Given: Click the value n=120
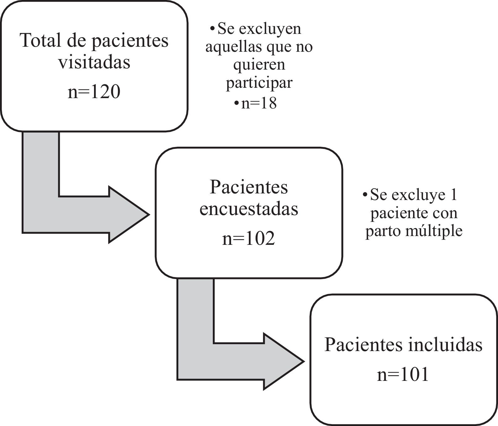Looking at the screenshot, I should [94, 92].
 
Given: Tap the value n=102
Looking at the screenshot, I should [249, 239].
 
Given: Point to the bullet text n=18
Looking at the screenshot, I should [259, 103].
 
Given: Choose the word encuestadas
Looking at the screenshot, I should [249, 209].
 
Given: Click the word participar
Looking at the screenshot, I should [259, 83].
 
